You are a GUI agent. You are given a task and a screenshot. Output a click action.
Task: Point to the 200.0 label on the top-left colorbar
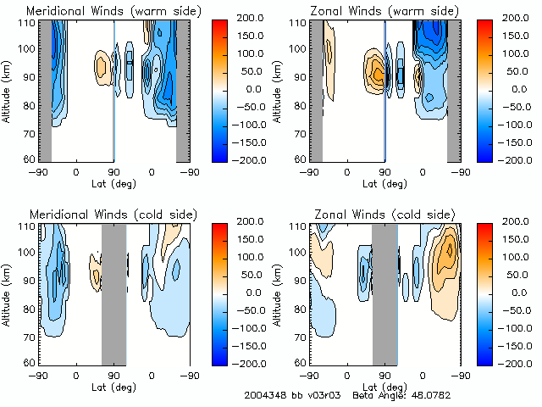251,17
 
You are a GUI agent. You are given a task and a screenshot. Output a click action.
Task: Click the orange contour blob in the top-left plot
102,63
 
